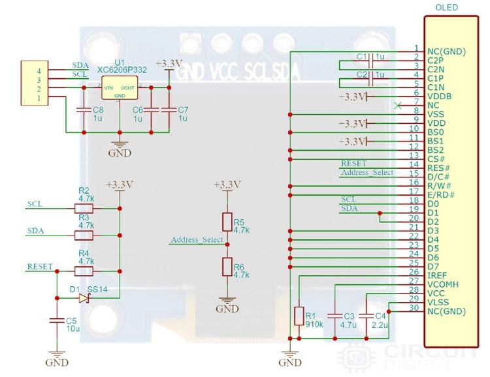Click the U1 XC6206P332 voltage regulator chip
[x=120, y=88]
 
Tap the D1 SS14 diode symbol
[x=84, y=298]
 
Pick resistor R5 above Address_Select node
[x=227, y=221]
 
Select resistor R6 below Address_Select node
[x=227, y=266]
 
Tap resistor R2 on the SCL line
[x=84, y=209]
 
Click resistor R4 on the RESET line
[x=84, y=271]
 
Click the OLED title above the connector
[x=446, y=8]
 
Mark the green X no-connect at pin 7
[x=397, y=105]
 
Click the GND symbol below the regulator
[x=120, y=149]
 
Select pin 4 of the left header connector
[x=39, y=70]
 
